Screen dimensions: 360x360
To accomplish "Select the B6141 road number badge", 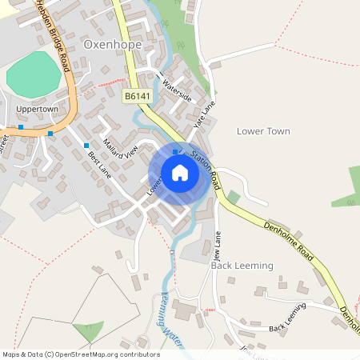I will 138,95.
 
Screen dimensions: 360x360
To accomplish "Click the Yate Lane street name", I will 205,114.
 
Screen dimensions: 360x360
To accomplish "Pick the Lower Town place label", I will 263,130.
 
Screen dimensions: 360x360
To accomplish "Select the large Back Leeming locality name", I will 242,265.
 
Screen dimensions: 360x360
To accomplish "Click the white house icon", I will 180,173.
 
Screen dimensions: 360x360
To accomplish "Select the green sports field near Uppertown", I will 34,75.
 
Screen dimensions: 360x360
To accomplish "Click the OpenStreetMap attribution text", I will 80,354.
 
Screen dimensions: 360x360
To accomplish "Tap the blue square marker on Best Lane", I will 86,145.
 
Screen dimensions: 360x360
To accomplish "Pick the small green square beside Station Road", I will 234,196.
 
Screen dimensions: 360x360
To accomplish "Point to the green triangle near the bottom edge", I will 87,331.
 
